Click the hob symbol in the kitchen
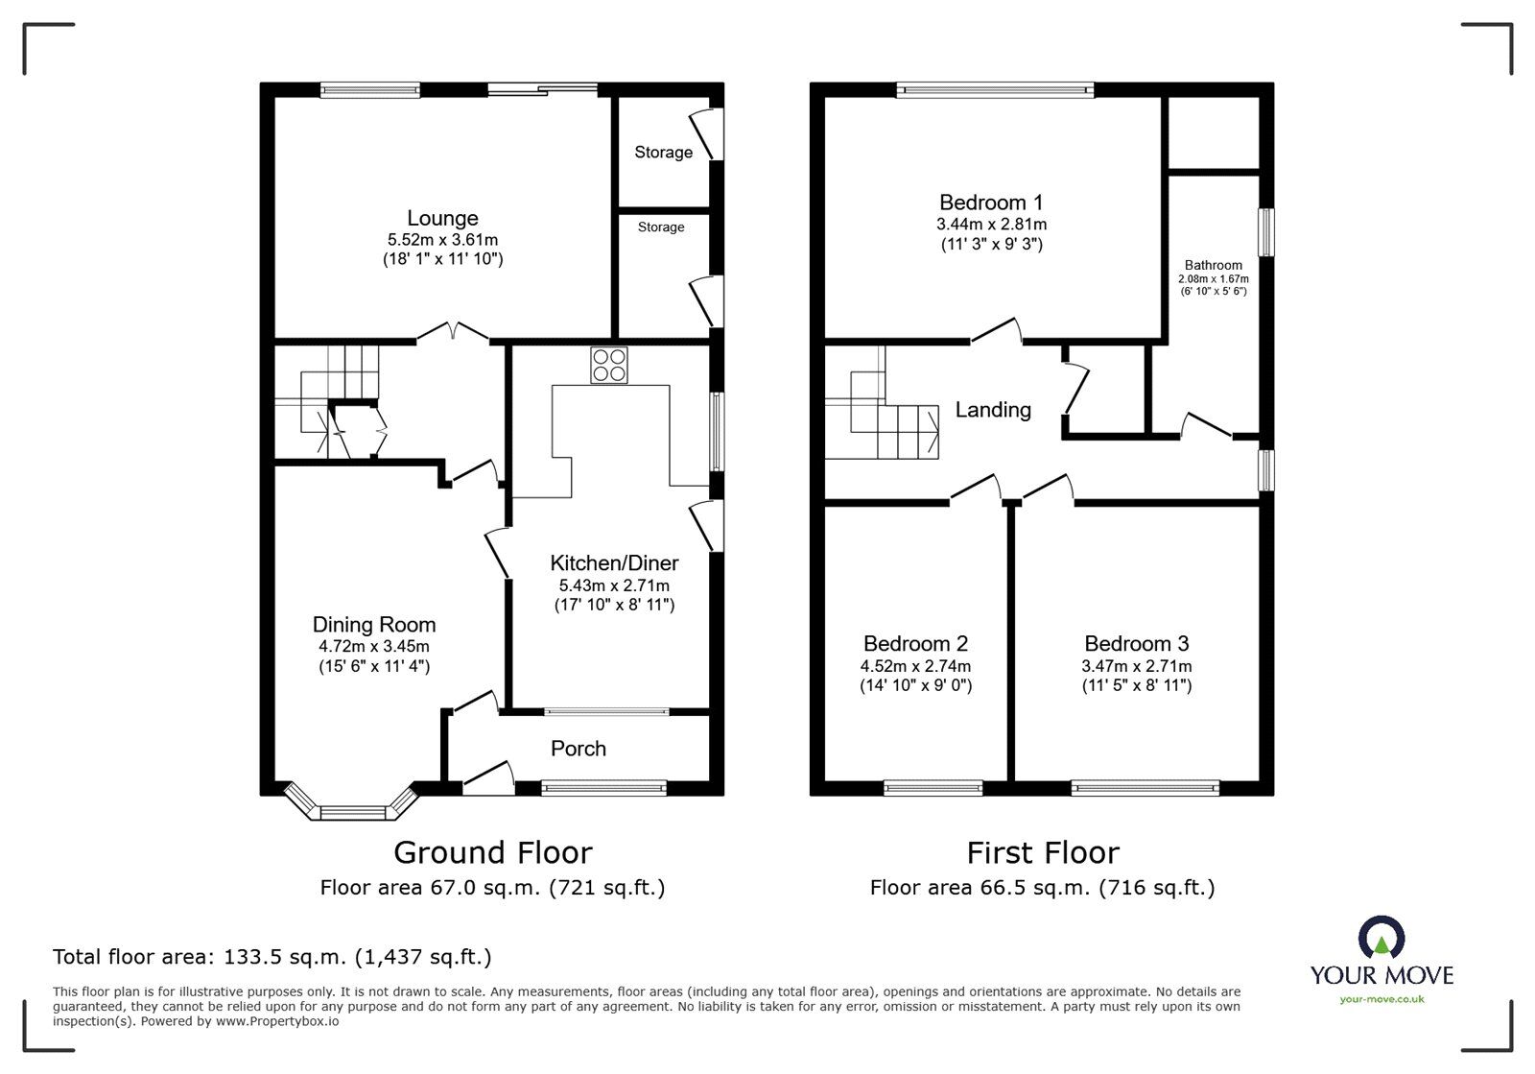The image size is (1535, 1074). [608, 365]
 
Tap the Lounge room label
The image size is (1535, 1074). [442, 219]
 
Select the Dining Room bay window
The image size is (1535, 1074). [350, 812]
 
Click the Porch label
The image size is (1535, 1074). [578, 749]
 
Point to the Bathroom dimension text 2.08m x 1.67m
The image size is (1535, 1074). [1213, 279]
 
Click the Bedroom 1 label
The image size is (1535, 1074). [991, 203]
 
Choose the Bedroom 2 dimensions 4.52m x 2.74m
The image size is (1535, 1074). [915, 666]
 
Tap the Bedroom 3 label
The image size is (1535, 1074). [1136, 644]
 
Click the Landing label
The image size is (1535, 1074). [993, 410]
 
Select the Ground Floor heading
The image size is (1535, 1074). [493, 852]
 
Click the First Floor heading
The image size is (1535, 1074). [1042, 852]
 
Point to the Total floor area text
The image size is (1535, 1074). [272, 957]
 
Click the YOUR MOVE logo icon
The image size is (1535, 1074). [1381, 938]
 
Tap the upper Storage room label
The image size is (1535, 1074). [663, 153]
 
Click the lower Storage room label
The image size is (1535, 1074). [661, 227]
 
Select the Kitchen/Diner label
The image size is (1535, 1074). [614, 563]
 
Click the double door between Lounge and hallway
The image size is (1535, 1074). [453, 333]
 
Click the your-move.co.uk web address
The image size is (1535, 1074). [1381, 1000]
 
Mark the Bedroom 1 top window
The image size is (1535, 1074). [995, 91]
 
